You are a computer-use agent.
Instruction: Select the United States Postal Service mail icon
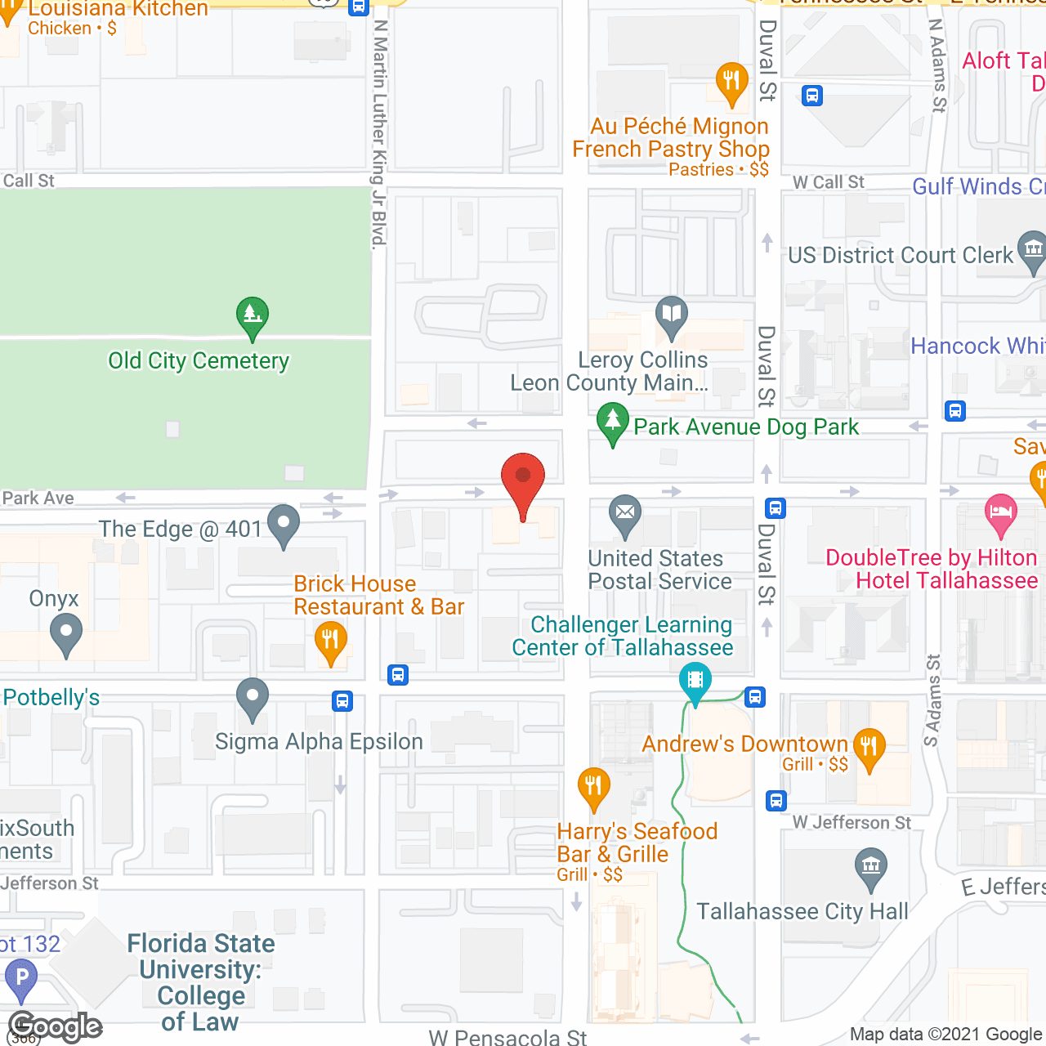pos(625,513)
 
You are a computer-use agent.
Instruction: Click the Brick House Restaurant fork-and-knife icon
pos(330,639)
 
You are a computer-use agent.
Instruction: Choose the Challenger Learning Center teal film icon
pos(695,680)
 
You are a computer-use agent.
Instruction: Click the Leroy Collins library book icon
pos(671,314)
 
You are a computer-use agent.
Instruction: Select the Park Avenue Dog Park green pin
pos(612,422)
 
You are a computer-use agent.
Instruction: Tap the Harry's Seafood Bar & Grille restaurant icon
pos(593,786)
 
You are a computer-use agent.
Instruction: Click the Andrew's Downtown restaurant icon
pos(869,746)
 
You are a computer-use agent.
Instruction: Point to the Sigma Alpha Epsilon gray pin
pos(253,696)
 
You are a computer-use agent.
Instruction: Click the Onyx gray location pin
pos(66,633)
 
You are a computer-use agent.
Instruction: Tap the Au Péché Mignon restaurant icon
pos(731,81)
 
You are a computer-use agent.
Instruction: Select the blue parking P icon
pos(21,977)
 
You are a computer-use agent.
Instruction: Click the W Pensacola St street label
pos(507,1037)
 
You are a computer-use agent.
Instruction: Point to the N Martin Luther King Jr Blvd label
pos(379,131)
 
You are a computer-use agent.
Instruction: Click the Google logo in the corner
pos(55,1026)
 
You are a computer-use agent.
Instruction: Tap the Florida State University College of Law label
pos(201,981)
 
